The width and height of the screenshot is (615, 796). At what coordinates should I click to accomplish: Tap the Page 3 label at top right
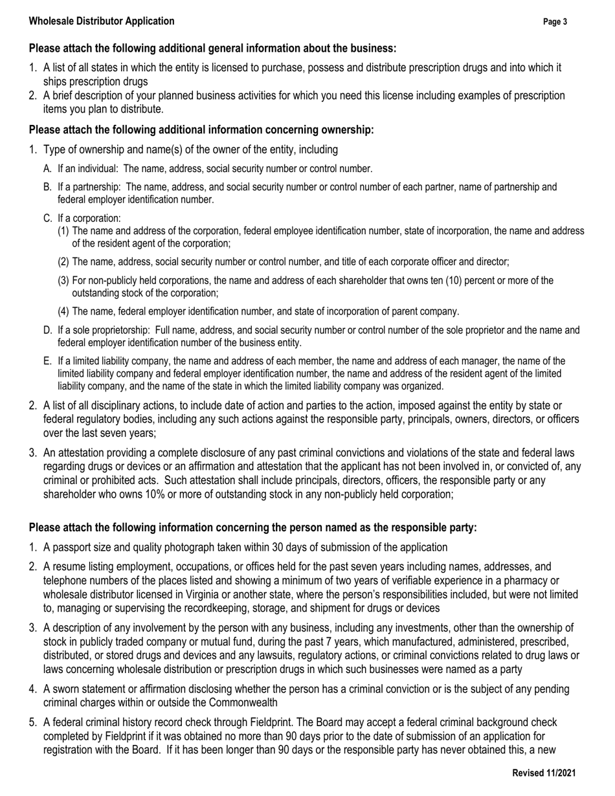point(555,22)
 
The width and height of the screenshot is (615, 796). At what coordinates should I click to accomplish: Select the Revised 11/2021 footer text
point(544,773)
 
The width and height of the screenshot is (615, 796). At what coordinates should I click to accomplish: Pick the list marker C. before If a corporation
point(48,218)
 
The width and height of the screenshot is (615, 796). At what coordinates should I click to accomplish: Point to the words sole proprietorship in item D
point(106,330)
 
